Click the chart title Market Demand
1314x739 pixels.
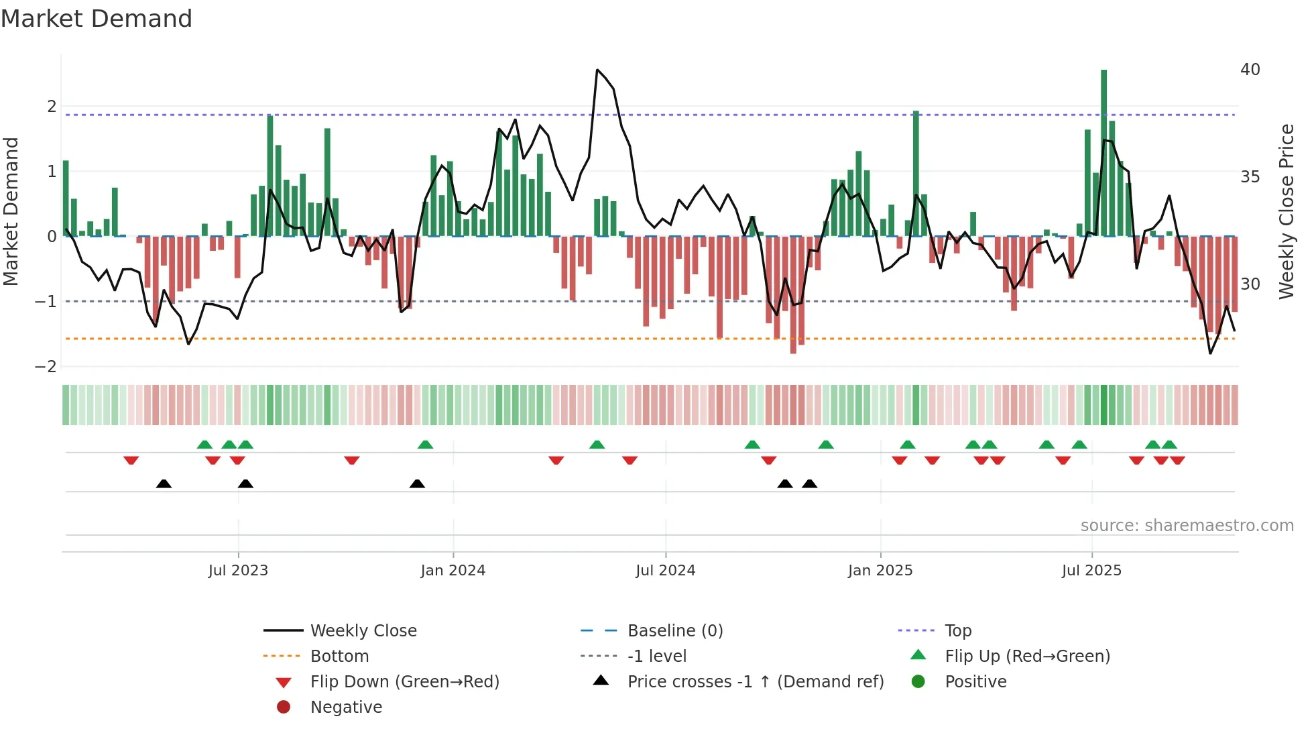(97, 19)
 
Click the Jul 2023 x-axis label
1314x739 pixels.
(238, 571)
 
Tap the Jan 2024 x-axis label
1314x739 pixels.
(453, 571)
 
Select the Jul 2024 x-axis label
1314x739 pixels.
(665, 571)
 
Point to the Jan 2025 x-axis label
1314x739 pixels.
(880, 571)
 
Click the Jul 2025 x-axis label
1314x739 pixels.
(1091, 571)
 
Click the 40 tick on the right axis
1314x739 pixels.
(1250, 70)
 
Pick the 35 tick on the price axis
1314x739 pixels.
(1250, 177)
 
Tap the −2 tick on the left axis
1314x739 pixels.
(46, 367)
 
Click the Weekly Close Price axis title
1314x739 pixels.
(1286, 211)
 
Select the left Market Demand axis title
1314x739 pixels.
(11, 211)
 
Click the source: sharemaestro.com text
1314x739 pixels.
(1187, 526)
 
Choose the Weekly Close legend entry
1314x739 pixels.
(363, 631)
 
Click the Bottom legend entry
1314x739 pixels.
(339, 657)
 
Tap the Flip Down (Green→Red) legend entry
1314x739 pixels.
(404, 682)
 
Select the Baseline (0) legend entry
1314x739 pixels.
(674, 631)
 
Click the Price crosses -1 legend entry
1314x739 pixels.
(755, 682)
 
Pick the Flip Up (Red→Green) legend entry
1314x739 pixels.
(1027, 657)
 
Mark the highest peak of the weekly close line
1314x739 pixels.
(597, 70)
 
